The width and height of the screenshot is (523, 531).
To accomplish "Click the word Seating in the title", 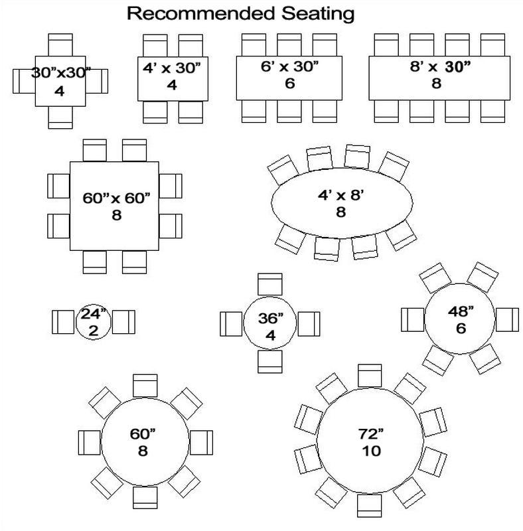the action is coord(318,14).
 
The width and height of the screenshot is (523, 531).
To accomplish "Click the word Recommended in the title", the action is coord(201,13).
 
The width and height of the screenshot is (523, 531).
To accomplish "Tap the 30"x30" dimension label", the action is coord(61,72).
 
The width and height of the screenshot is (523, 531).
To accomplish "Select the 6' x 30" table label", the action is coord(289,66).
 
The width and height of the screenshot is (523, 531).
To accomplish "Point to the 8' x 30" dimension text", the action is coord(440,67).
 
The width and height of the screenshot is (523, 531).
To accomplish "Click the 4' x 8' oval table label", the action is coord(340,195).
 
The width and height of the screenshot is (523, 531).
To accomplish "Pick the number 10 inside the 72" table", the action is coord(371,451).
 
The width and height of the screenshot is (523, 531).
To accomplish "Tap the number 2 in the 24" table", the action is coord(94,331).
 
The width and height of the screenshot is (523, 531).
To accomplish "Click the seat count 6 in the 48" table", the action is coord(461,328).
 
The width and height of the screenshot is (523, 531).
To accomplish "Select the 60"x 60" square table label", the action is coord(116,198).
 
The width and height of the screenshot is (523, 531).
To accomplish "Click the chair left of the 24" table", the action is coord(63,322).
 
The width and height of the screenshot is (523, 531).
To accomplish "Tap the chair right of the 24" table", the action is coord(123,322).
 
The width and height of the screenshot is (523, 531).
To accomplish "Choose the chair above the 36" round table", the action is coord(270,284).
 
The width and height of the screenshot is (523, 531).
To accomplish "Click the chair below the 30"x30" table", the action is coord(60,117).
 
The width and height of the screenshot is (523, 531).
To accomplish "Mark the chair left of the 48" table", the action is coord(413,320).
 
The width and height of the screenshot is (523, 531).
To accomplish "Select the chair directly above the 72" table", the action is coord(370,376).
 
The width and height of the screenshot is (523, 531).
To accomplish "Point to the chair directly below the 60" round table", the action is coord(145,497).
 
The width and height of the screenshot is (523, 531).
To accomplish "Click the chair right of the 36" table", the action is coord(309,324).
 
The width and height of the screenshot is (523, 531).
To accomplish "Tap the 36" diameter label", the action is coord(271,318).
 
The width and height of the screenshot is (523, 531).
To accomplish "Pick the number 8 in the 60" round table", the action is coord(143,451).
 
